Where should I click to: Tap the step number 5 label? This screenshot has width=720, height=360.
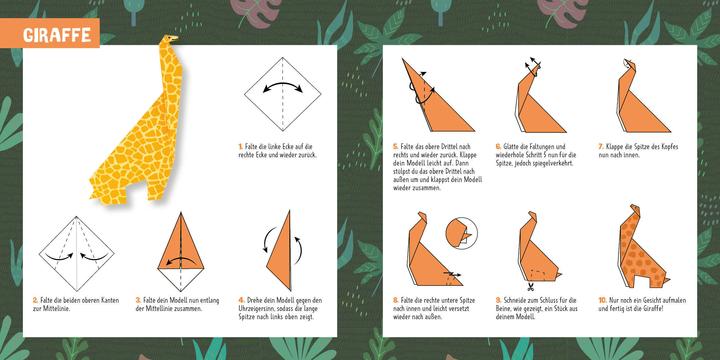pos(396,146)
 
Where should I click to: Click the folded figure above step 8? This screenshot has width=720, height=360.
pos(425,250)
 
